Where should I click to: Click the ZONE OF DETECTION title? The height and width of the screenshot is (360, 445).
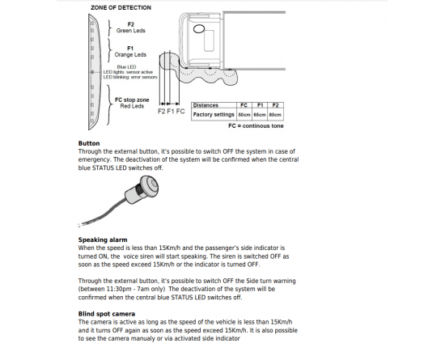coord(121,7)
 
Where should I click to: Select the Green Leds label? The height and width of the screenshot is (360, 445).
coord(131,31)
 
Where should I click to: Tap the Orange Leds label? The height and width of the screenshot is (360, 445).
coord(130,54)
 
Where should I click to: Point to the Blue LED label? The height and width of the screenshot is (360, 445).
coord(126,67)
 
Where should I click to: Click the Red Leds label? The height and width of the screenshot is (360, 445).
coord(132,106)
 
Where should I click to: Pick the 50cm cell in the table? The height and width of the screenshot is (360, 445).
coord(244,115)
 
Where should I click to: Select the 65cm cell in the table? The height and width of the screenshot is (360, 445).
coord(260,115)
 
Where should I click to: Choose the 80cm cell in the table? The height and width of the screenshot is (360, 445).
coord(275,115)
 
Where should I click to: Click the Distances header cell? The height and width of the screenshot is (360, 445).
coord(206,105)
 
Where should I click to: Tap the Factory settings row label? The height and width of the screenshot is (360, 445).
coord(214,115)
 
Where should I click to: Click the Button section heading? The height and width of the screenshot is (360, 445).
coord(89,143)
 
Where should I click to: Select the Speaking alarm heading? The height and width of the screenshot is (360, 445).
coord(103,239)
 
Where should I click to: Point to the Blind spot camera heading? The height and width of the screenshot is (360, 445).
coord(107,314)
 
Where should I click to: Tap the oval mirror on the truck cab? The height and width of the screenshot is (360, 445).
coord(199,28)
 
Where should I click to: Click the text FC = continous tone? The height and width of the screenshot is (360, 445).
coord(256,125)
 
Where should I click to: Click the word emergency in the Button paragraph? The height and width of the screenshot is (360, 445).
coord(94,159)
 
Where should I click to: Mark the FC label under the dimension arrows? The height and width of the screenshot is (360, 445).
coord(180,111)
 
